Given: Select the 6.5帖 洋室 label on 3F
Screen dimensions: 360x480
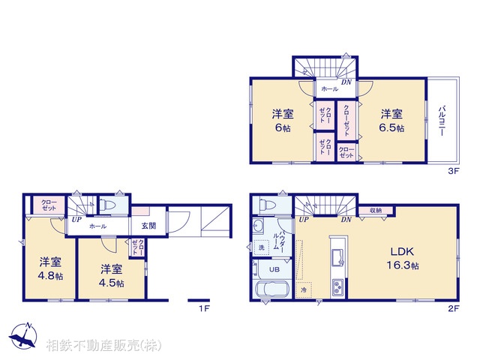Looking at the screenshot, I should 391,121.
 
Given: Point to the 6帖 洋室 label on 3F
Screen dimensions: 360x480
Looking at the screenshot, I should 282,121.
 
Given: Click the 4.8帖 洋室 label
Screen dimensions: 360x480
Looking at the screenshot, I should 50,269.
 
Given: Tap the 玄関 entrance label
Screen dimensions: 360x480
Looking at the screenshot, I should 148,226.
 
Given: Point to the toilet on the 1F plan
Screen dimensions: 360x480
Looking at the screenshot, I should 107,203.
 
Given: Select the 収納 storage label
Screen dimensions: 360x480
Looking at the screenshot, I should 375,211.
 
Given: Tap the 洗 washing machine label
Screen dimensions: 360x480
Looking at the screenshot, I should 262,247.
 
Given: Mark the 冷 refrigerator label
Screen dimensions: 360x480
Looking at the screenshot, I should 304,289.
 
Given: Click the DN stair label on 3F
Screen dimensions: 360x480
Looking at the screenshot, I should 346,82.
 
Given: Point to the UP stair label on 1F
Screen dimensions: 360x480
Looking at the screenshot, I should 76,220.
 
